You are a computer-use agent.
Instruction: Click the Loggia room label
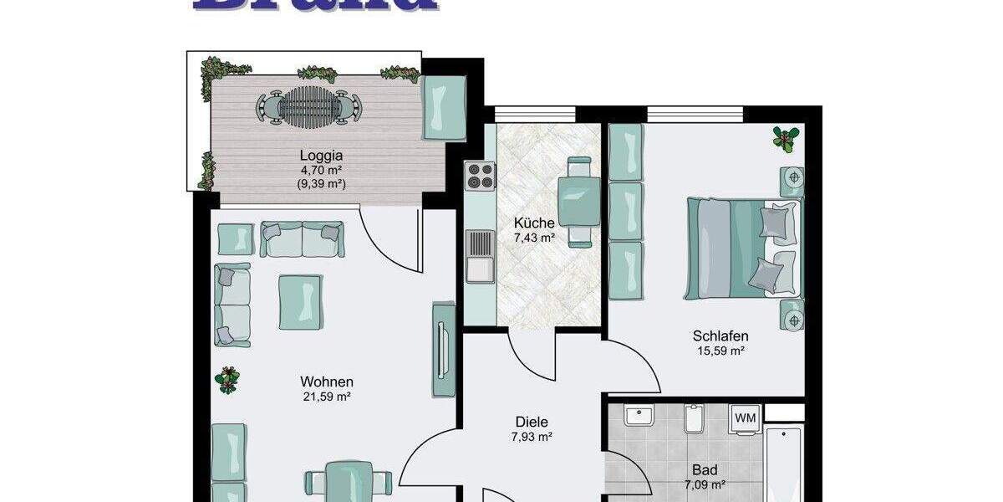[x=322, y=155]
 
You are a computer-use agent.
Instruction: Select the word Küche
[x=534, y=223]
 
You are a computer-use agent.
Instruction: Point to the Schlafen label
[x=720, y=336]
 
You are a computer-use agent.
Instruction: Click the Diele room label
[x=532, y=423]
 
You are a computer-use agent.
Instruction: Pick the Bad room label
[x=705, y=470]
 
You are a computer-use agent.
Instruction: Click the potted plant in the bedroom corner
[x=785, y=139]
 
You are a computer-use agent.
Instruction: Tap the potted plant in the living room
[x=227, y=381]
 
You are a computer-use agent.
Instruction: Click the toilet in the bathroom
[x=693, y=418]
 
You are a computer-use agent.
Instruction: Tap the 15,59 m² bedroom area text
[x=720, y=351]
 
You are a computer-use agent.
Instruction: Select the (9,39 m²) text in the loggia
[x=322, y=184]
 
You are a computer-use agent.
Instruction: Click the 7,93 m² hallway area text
[x=532, y=437]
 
